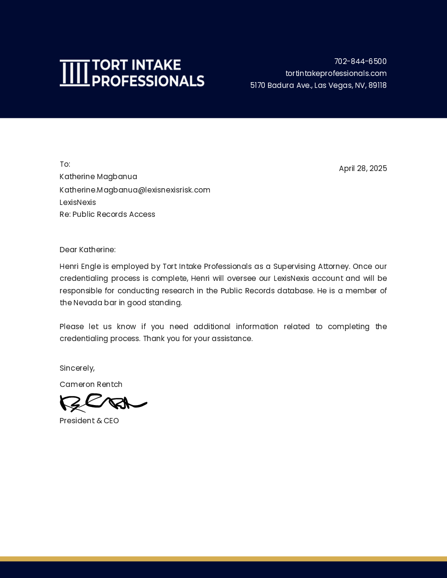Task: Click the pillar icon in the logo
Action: click(75, 73)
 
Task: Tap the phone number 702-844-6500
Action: click(360, 62)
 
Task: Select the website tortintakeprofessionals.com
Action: click(336, 74)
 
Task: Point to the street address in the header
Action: click(318, 86)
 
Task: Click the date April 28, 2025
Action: click(362, 169)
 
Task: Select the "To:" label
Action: click(65, 164)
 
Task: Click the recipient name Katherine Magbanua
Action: click(98, 177)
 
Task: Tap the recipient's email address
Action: click(135, 190)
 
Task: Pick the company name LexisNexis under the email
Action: click(77, 203)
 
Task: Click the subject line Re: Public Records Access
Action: click(107, 214)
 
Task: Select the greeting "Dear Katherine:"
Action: click(87, 250)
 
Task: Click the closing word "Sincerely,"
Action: click(77, 368)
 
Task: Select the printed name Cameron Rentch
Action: click(91, 385)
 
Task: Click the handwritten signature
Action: click(103, 403)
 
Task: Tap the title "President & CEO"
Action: click(89, 421)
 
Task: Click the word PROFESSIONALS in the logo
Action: click(148, 81)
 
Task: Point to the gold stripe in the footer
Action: click(223, 558)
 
